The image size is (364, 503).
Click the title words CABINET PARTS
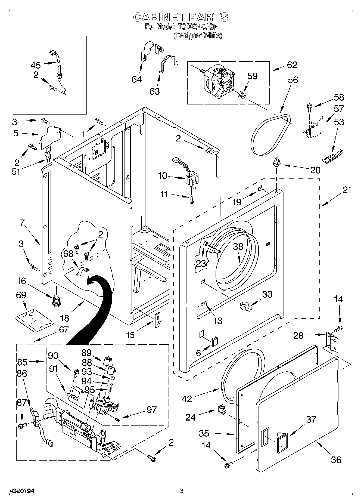pyautogui.click(x=181, y=17)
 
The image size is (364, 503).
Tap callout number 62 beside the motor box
pyautogui.click(x=292, y=65)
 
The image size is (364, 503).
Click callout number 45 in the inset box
pyautogui.click(x=35, y=65)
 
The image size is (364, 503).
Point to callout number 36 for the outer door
pyautogui.click(x=336, y=459)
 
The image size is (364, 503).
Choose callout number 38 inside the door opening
pyautogui.click(x=238, y=246)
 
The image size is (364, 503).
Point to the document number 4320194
pyautogui.click(x=22, y=491)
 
